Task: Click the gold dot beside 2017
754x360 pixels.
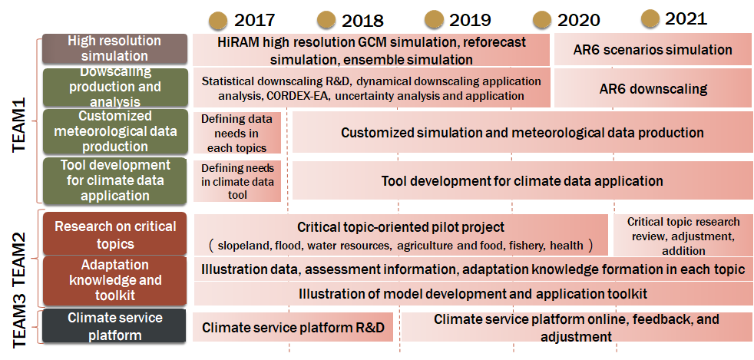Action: click(x=218, y=21)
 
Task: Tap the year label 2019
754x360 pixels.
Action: click(x=470, y=20)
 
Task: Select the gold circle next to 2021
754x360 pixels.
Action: click(x=650, y=19)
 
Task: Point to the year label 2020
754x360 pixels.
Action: click(x=578, y=20)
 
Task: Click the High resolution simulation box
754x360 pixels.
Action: click(x=114, y=48)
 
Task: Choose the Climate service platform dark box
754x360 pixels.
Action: click(x=114, y=326)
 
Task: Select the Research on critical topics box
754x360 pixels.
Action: click(x=114, y=234)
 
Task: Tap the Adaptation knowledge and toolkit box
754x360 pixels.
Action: click(x=114, y=281)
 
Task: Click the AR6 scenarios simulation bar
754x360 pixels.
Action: click(x=653, y=49)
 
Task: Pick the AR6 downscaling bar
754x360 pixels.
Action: click(x=653, y=88)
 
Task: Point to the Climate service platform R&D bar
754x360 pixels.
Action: click(x=293, y=327)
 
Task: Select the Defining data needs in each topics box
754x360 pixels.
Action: click(x=237, y=133)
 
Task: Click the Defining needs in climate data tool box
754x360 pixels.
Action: click(x=237, y=181)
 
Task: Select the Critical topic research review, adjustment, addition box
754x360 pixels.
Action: click(x=683, y=236)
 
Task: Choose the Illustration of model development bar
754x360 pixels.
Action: click(x=473, y=293)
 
